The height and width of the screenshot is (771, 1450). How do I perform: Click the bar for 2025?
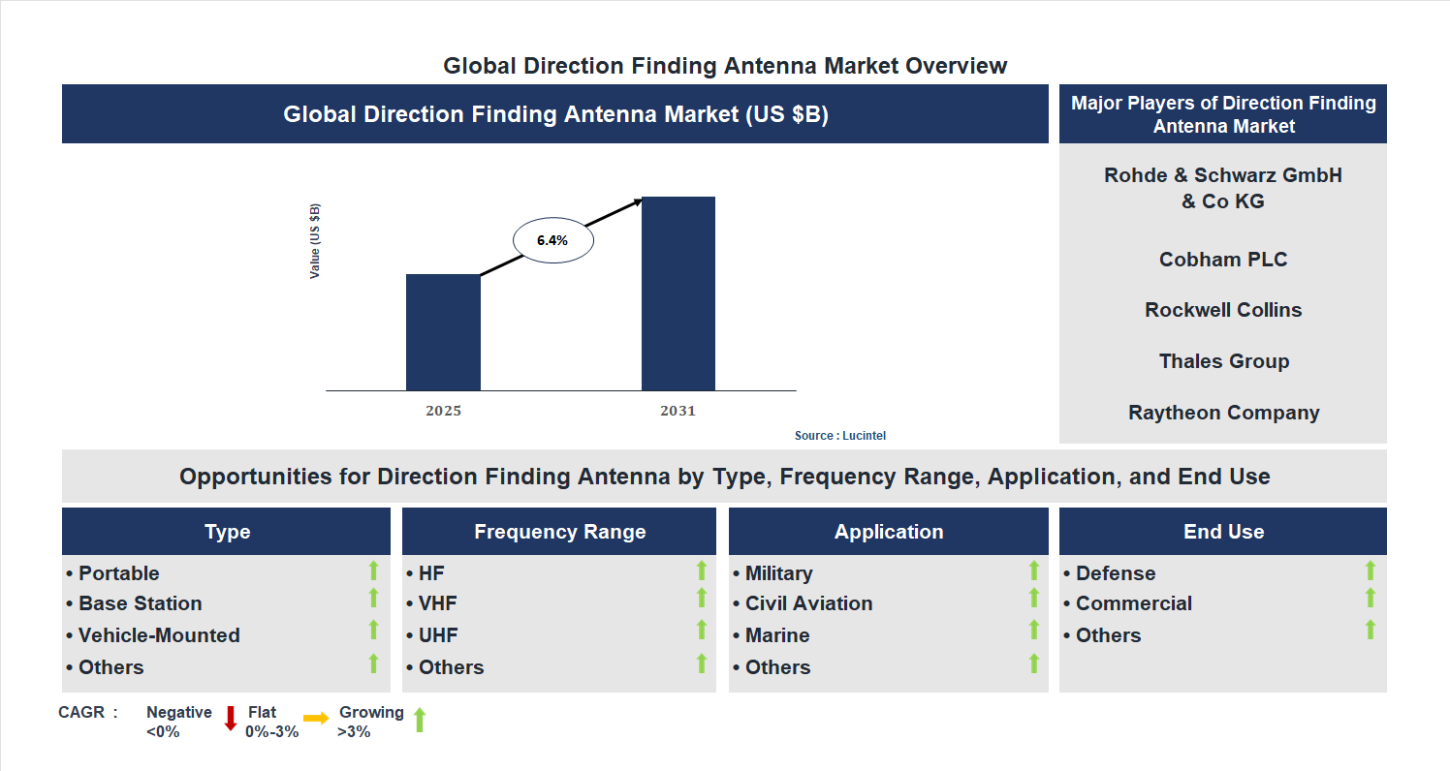pos(443,332)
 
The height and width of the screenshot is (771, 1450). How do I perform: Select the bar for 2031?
pos(678,293)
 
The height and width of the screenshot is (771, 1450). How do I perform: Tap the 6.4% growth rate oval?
pos(552,240)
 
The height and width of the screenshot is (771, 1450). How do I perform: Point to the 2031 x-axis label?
pos(678,411)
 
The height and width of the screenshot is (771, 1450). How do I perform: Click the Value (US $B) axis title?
pos(315,241)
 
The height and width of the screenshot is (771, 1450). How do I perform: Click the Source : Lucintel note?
pos(840,436)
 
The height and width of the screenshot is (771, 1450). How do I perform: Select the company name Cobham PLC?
pos(1223,260)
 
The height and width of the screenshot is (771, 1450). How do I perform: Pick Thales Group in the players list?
pos(1223,361)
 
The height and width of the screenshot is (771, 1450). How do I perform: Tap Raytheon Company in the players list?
pos(1223,413)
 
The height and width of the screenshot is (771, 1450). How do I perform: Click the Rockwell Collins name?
pos(1223,310)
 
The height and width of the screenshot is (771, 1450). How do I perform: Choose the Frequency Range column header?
pos(559,532)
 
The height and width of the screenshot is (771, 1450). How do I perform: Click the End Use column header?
pos(1223,532)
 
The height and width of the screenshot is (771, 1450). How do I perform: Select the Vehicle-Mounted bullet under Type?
pos(159,635)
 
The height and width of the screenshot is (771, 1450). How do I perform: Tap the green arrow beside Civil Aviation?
pos(1033,599)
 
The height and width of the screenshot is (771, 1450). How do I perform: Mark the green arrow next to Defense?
pos(1370,571)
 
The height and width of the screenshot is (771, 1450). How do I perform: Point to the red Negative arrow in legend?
pos(231,719)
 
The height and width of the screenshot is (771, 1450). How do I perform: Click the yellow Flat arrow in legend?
pos(316,719)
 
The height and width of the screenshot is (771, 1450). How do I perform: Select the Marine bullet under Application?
pos(776,635)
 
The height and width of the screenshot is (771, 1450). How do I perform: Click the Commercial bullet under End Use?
pos(1133,603)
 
